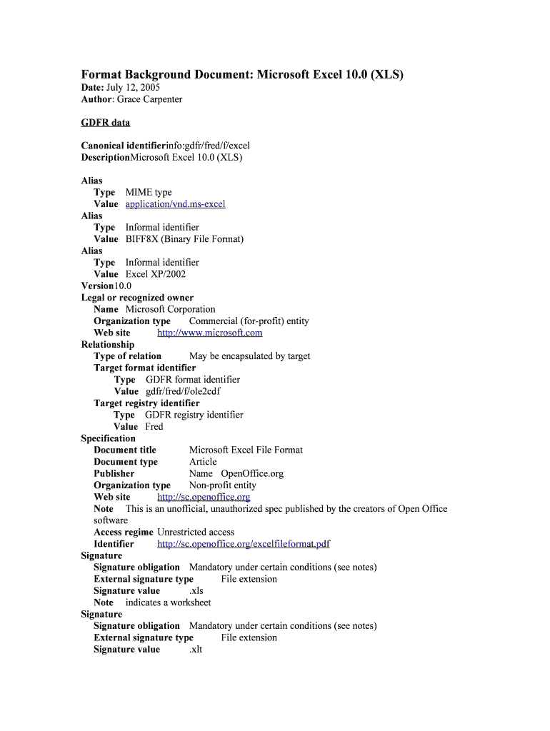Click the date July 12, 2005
click(x=133, y=87)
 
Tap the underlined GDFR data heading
click(x=105, y=123)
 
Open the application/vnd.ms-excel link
click(x=175, y=204)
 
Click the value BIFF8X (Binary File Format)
click(x=184, y=239)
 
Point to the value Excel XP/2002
click(x=156, y=274)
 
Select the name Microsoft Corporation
click(x=170, y=309)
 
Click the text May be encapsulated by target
click(x=249, y=356)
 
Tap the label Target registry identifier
click(x=146, y=403)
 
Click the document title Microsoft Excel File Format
click(x=246, y=450)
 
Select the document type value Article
click(x=203, y=462)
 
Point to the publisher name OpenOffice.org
click(x=252, y=473)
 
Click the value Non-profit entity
click(x=222, y=485)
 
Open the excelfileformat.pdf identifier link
click(x=243, y=544)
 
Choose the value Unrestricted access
click(x=196, y=533)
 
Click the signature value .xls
click(x=196, y=591)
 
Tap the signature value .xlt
click(x=196, y=650)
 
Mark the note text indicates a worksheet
click(x=168, y=603)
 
